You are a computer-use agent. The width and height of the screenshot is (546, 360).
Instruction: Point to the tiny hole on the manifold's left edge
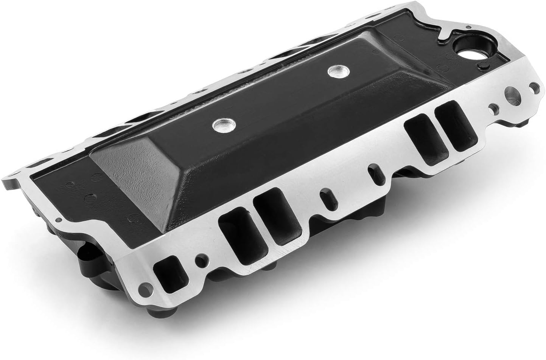pos(58,219)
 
